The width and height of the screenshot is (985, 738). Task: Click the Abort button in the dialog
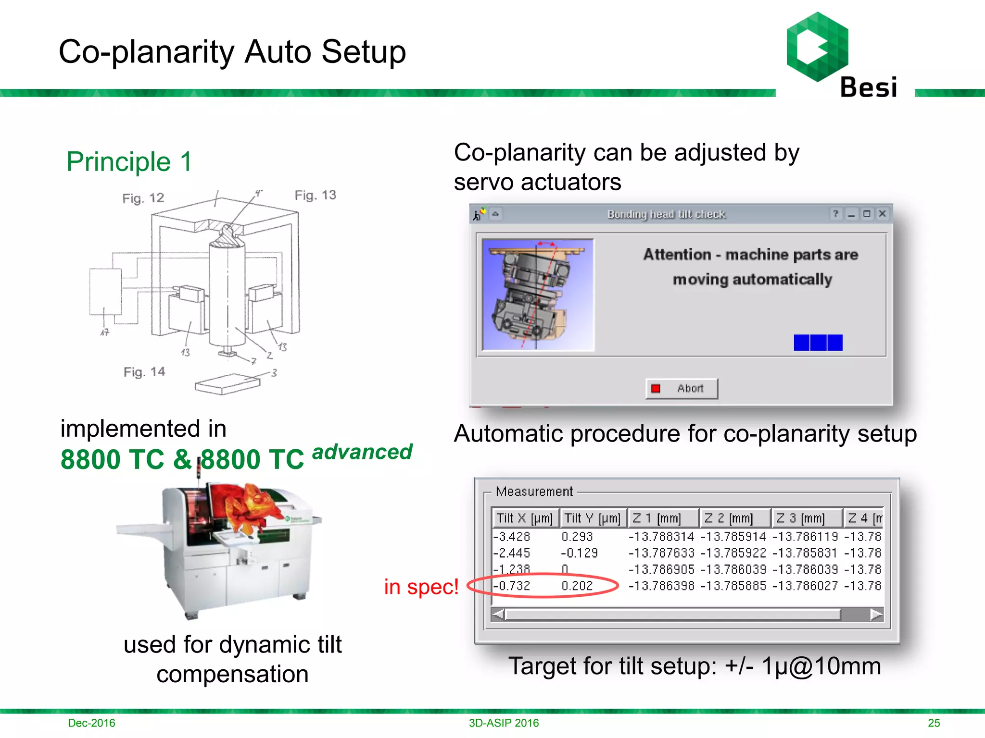point(682,388)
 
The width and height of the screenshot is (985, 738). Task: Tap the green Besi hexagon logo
point(817,47)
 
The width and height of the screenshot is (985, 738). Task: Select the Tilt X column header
point(524,518)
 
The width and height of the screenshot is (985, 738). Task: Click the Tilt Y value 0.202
point(577,586)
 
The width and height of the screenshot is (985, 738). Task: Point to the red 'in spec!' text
point(421,587)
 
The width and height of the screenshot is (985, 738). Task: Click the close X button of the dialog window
point(882,214)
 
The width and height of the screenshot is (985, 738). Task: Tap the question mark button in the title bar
point(836,214)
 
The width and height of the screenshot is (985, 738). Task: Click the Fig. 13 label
point(315,195)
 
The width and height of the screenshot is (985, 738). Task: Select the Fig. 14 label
point(144,372)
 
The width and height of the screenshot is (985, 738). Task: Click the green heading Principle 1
point(129,161)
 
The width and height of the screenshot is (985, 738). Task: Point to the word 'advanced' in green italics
point(362,452)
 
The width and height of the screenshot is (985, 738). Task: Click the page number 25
point(934,723)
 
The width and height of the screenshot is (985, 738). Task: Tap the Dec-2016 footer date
point(91,723)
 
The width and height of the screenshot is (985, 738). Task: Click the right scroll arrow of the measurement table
point(876,614)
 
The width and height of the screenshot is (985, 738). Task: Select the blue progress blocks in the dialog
point(818,343)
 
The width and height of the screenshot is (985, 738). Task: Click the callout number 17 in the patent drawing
point(104,332)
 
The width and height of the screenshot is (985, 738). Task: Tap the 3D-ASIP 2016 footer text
point(504,723)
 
